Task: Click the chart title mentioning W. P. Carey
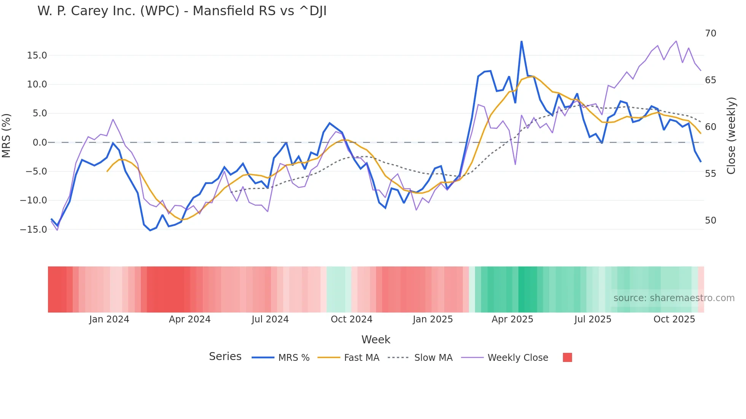point(182,11)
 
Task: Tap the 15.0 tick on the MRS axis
point(37,56)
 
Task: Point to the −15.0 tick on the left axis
point(33,229)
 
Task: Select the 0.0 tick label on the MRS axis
point(40,143)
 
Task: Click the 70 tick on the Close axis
point(710,33)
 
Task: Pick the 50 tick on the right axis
point(710,221)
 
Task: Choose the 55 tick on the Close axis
point(710,174)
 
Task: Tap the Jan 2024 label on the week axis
point(109,319)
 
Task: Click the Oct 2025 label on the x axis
point(674,319)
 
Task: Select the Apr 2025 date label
point(512,319)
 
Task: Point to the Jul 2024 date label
point(270,319)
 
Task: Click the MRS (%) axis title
point(6,135)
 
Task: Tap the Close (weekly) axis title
point(731,136)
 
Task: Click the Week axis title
point(376,340)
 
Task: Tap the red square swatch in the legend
point(567,357)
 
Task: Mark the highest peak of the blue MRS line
point(521,41)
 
